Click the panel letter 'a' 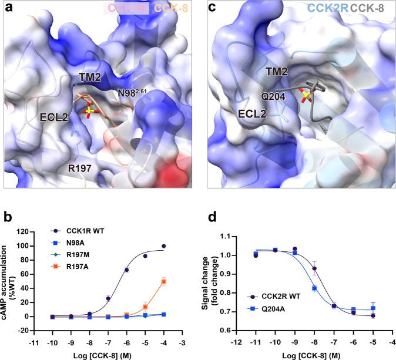click(9, 8)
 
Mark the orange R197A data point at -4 click(180, 282)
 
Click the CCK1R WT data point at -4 click(180, 230)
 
